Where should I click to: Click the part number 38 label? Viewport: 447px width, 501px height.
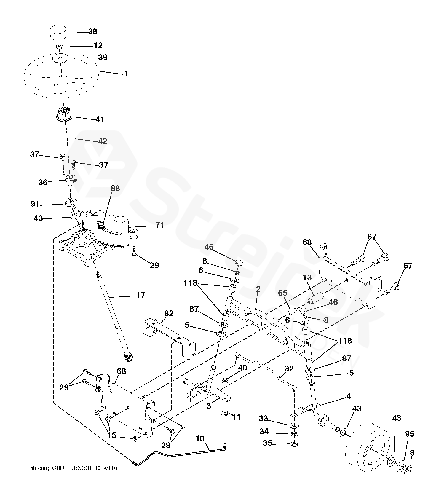92,31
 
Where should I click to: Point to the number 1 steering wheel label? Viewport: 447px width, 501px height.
126,73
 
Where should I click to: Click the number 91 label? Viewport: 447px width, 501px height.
35,204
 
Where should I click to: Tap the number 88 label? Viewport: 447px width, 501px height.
115,188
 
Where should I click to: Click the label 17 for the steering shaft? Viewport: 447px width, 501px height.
141,295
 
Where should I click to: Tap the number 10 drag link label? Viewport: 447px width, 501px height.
200,438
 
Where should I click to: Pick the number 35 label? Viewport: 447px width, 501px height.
267,443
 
